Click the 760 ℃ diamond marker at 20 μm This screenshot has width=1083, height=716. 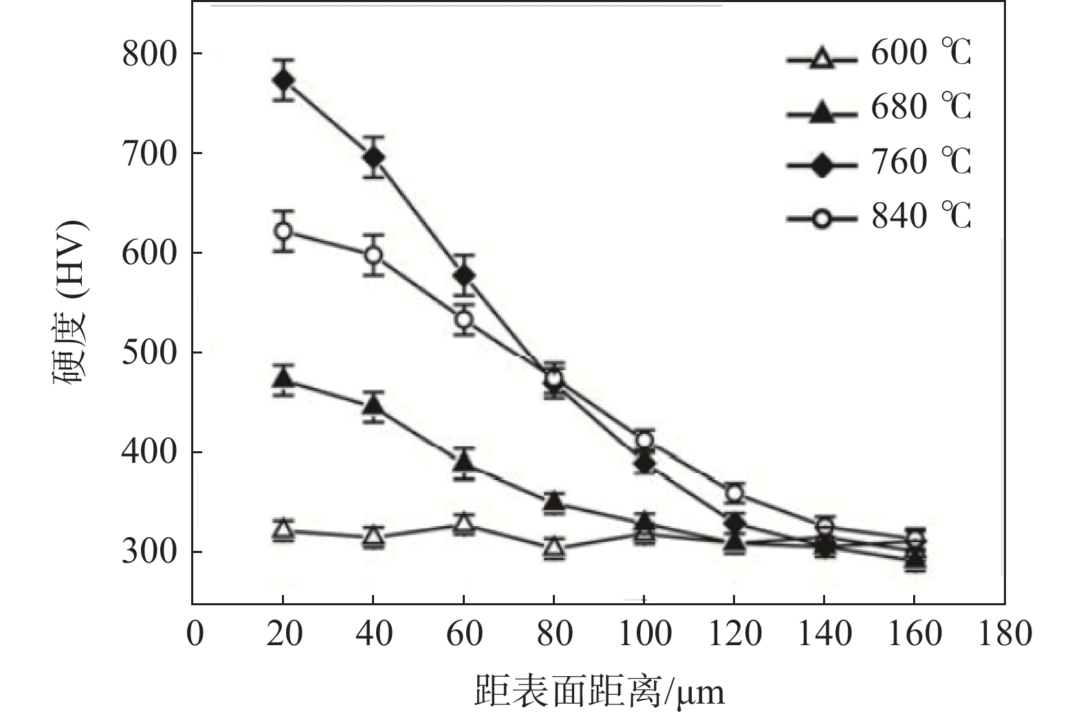[283, 80]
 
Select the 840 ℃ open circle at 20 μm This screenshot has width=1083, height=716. [283, 230]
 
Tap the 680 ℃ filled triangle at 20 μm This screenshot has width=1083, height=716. [283, 379]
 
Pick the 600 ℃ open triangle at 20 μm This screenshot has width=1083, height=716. [283, 530]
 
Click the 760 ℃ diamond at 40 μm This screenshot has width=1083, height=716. [373, 158]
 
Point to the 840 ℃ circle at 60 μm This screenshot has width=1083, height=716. [464, 319]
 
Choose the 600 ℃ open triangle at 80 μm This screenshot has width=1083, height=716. [554, 548]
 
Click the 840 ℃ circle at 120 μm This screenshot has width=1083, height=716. [734, 493]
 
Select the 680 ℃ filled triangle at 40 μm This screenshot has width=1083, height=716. [373, 404]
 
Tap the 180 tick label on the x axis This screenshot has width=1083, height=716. [1005, 633]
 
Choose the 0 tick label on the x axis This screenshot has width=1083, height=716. [195, 633]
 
